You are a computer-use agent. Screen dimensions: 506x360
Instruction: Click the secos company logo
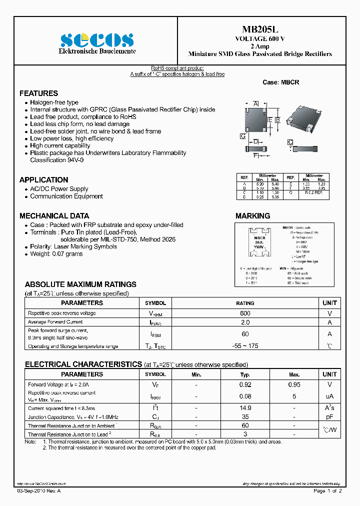click(x=97, y=40)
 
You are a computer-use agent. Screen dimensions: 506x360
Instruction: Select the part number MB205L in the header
click(x=259, y=30)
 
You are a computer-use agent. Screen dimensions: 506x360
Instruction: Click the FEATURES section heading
click(x=38, y=93)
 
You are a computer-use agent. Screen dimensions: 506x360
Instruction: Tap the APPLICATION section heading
click(x=43, y=180)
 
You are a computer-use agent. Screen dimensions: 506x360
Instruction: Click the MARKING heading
click(x=252, y=216)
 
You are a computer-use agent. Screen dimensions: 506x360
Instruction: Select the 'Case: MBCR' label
click(x=280, y=82)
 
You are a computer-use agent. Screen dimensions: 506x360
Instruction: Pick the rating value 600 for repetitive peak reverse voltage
click(x=245, y=313)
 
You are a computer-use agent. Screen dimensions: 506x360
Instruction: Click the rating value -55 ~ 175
click(x=245, y=346)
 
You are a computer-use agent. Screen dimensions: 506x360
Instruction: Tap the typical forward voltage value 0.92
click(x=245, y=385)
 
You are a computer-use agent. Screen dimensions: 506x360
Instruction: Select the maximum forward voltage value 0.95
click(x=294, y=385)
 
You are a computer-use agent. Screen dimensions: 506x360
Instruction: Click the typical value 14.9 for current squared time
click(x=245, y=408)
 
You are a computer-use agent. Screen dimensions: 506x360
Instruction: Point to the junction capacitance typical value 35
click(x=245, y=416)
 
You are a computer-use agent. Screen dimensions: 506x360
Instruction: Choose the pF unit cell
click(x=329, y=416)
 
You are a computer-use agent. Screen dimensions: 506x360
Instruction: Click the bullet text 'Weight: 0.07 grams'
click(x=56, y=254)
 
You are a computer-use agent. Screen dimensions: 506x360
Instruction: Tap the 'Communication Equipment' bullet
click(x=66, y=196)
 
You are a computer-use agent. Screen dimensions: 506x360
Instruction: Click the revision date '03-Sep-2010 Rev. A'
click(x=41, y=491)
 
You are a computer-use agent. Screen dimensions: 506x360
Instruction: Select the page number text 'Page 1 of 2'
click(x=327, y=491)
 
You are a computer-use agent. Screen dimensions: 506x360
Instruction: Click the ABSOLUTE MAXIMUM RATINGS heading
click(x=80, y=284)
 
